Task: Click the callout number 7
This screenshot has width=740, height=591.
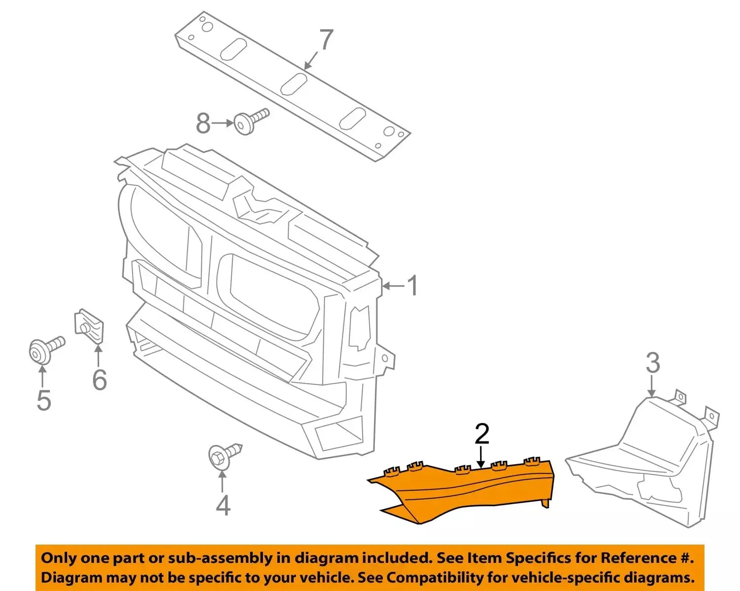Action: coord(326,40)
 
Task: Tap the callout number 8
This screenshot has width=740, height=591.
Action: coord(203,123)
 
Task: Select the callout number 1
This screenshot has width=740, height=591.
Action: coord(412,286)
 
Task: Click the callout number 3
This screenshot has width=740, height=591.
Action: coord(653,363)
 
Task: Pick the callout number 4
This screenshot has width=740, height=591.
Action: coord(223,505)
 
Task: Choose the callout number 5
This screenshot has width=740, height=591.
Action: coord(43,400)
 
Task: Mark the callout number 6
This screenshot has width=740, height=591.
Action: coord(100,379)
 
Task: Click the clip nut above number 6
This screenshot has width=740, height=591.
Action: coord(90,325)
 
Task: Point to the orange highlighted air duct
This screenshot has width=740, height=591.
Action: coord(464,491)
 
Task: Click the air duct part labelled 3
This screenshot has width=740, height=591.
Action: coord(646,464)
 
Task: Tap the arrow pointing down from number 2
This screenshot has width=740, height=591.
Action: coord(481,457)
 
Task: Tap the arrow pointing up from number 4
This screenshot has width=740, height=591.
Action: coord(223,481)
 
